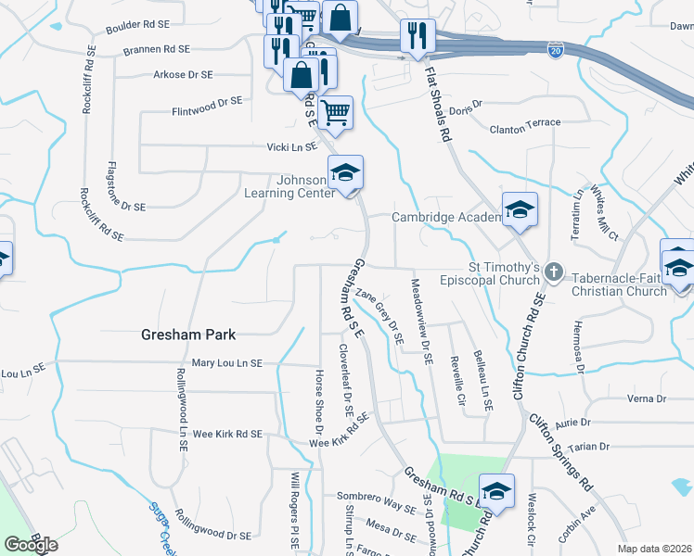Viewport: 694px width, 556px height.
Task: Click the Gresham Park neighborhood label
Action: coord(188,335)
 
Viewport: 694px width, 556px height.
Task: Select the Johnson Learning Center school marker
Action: coord(345,173)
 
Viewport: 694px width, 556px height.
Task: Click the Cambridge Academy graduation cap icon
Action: coord(520,210)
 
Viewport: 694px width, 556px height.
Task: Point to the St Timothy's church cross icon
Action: coord(554,273)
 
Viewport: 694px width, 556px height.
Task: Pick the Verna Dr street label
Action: coord(648,398)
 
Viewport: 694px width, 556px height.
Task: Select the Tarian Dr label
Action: coord(590,447)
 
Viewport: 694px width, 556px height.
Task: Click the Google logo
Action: coord(30,545)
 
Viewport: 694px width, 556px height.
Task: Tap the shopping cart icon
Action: coord(335,114)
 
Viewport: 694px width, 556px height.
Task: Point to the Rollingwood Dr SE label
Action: coord(212,535)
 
